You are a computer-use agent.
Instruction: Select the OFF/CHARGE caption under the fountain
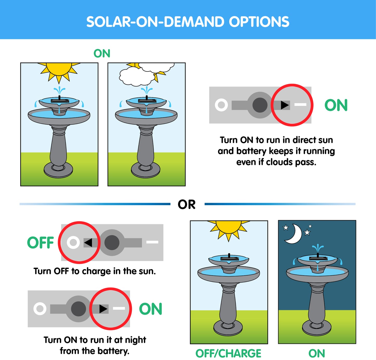click(x=228, y=354)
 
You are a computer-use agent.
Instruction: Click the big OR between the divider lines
click(x=187, y=204)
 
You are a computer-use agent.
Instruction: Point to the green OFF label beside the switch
click(x=40, y=243)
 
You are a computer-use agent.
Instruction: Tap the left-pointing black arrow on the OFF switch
click(x=88, y=243)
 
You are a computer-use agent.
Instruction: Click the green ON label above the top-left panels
click(x=102, y=53)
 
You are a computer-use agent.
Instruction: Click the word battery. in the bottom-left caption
click(x=114, y=351)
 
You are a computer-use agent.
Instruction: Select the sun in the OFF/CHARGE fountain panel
click(x=228, y=230)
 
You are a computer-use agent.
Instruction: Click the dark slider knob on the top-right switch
click(x=260, y=105)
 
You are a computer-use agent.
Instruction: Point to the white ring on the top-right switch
click(x=221, y=105)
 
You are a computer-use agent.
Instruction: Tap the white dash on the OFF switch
click(x=152, y=242)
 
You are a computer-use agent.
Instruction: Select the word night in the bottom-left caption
click(x=136, y=340)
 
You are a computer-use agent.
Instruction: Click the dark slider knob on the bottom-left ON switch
click(x=78, y=309)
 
